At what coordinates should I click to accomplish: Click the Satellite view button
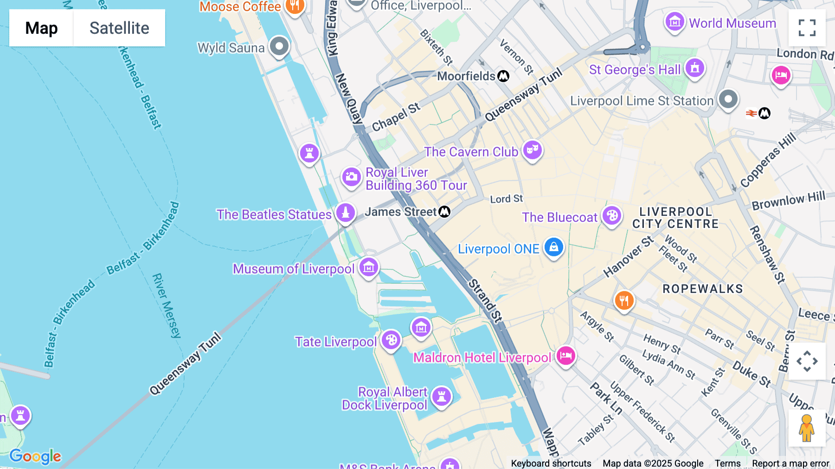pos(119,28)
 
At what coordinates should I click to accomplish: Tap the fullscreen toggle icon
pos(807,28)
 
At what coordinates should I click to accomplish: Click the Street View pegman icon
pos(807,428)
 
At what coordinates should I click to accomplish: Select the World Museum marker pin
pos(674,22)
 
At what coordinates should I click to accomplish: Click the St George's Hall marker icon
pos(694,68)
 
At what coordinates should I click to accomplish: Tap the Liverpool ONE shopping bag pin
pos(553,248)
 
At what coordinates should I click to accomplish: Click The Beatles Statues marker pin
pos(346,213)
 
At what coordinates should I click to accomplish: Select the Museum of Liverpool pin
pos(369,267)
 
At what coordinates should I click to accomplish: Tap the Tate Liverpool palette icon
pos(391,340)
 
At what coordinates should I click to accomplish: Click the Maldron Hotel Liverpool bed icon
pos(565,356)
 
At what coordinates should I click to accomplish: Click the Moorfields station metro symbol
pos(503,76)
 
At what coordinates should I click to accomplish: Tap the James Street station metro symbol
pos(444,212)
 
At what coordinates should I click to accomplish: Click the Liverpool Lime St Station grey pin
pos(728,99)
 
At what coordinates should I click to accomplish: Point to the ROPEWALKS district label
pos(702,289)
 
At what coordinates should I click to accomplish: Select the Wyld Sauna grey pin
pos(279,46)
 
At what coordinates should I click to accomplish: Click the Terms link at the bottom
pos(727,463)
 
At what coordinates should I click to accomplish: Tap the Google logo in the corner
pos(35,456)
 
